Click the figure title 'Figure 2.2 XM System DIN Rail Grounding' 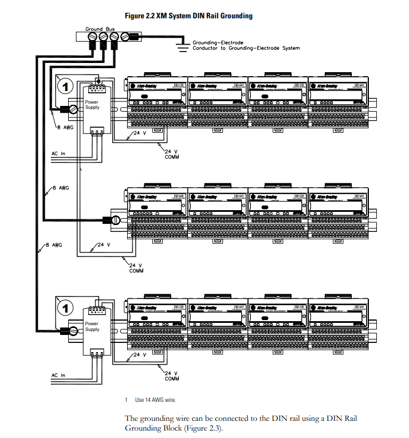(188, 15)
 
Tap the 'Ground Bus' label (100, 29)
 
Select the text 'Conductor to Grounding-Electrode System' (246, 48)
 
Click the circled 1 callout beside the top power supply (66, 87)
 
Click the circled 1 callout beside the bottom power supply (66, 308)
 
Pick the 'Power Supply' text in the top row (92, 105)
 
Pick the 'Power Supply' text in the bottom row (92, 327)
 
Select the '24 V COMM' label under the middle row (136, 267)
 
